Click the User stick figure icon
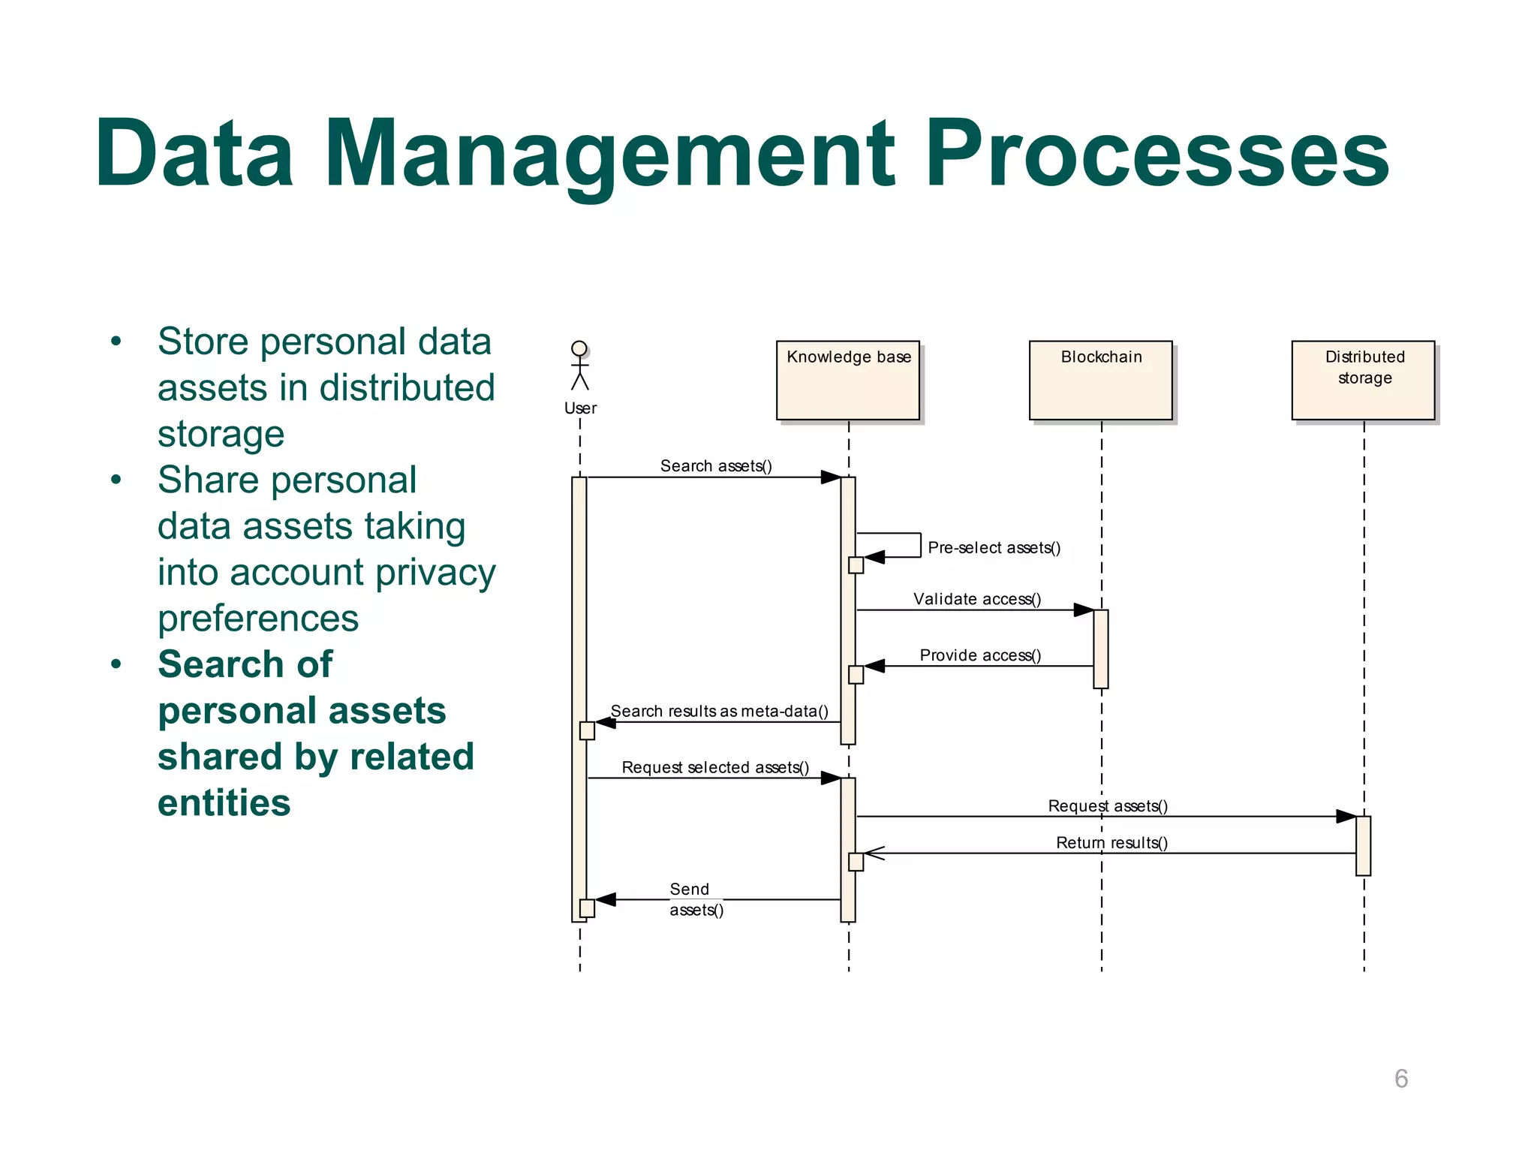click(x=579, y=366)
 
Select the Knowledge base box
click(x=848, y=381)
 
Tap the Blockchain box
click(x=1100, y=381)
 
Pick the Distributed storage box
click(x=1363, y=381)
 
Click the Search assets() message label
click(x=715, y=466)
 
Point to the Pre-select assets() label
click(x=994, y=548)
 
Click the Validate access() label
click(x=976, y=599)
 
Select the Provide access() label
click(x=979, y=655)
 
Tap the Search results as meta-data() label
click(x=719, y=711)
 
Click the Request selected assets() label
click(x=714, y=767)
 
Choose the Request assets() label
click(x=1107, y=806)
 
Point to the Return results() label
click(x=1111, y=843)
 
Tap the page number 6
click(x=1400, y=1079)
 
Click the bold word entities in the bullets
click(x=224, y=803)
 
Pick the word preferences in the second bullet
click(x=258, y=619)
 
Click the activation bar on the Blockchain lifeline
click(x=1100, y=649)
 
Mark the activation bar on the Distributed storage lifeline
click(x=1363, y=845)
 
